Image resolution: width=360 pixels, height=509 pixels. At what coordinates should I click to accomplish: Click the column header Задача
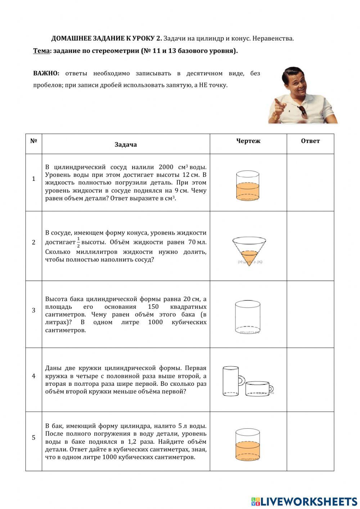(x=126, y=145)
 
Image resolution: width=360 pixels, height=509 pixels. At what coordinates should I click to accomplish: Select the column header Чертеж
(x=248, y=141)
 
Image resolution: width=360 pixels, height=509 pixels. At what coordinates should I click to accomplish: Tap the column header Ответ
(x=310, y=141)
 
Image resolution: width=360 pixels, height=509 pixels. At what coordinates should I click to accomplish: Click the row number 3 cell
(x=34, y=310)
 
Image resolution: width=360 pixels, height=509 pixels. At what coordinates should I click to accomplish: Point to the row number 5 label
(x=34, y=438)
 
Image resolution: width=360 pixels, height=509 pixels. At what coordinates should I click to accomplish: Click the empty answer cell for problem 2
(x=310, y=246)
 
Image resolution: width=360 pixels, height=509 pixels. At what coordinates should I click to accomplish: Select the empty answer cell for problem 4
(x=310, y=380)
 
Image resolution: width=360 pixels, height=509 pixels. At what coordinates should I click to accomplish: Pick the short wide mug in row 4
(x=258, y=388)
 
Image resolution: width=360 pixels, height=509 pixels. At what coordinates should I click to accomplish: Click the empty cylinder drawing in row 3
(x=248, y=316)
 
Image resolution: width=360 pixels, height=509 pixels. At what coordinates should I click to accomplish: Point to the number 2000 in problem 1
(x=166, y=167)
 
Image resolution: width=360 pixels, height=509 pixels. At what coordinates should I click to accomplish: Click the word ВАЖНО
(x=46, y=73)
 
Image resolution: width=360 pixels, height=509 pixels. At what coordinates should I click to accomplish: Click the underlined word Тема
(x=41, y=51)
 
